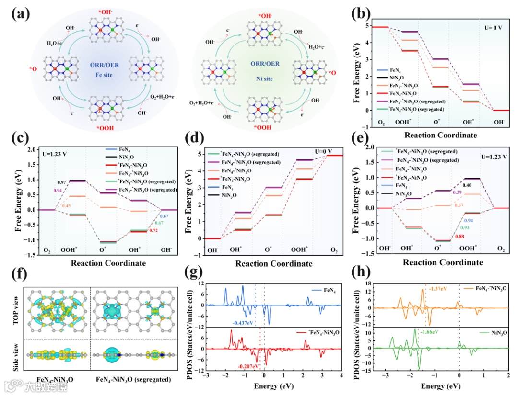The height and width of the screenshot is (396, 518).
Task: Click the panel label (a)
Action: (20, 13)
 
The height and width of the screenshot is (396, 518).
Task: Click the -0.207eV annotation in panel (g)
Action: (248, 366)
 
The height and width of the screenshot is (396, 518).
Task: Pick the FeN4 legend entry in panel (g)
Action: (328, 290)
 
